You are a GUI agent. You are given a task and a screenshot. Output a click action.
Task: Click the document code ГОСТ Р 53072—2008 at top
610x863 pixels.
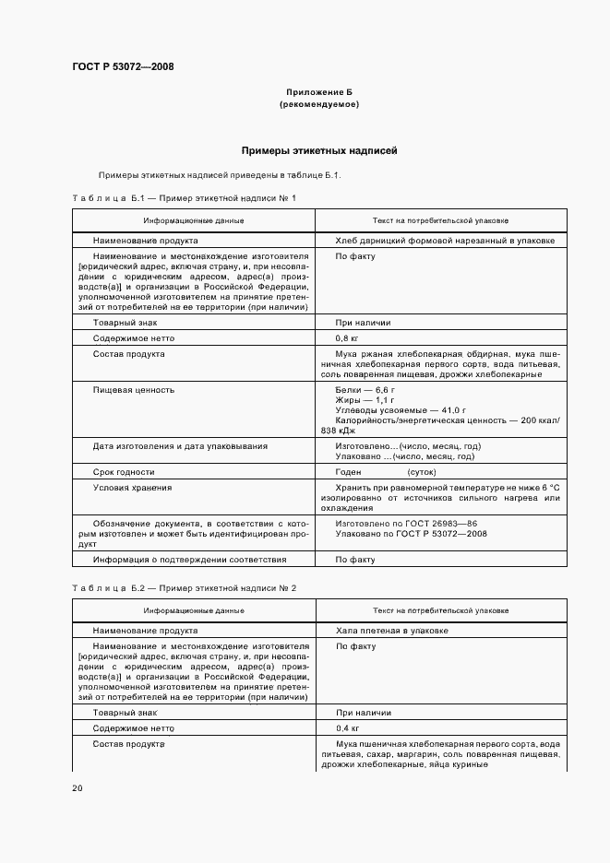(122, 66)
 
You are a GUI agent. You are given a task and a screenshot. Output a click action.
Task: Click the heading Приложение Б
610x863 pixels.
(319, 93)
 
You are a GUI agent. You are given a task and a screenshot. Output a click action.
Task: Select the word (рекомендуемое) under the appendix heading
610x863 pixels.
(319, 105)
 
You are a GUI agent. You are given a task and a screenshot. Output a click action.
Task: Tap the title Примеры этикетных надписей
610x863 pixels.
(319, 149)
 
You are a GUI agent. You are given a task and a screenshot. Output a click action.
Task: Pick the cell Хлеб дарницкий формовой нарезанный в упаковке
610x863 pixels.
(445, 240)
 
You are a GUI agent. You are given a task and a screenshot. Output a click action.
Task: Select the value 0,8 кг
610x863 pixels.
(349, 338)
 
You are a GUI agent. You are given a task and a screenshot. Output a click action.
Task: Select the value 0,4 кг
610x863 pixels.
(349, 727)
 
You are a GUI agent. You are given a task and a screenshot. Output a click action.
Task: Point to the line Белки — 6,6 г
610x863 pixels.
(366, 391)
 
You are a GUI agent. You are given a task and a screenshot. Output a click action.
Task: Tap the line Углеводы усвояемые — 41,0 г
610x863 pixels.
(401, 411)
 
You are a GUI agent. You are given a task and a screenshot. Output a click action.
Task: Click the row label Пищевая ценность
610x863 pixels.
(134, 390)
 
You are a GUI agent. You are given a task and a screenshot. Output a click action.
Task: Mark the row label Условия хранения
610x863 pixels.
(132, 487)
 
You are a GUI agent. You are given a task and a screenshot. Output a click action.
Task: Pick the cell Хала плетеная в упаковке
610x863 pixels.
(392, 631)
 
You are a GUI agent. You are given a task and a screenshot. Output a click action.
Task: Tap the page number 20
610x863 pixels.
(78, 788)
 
